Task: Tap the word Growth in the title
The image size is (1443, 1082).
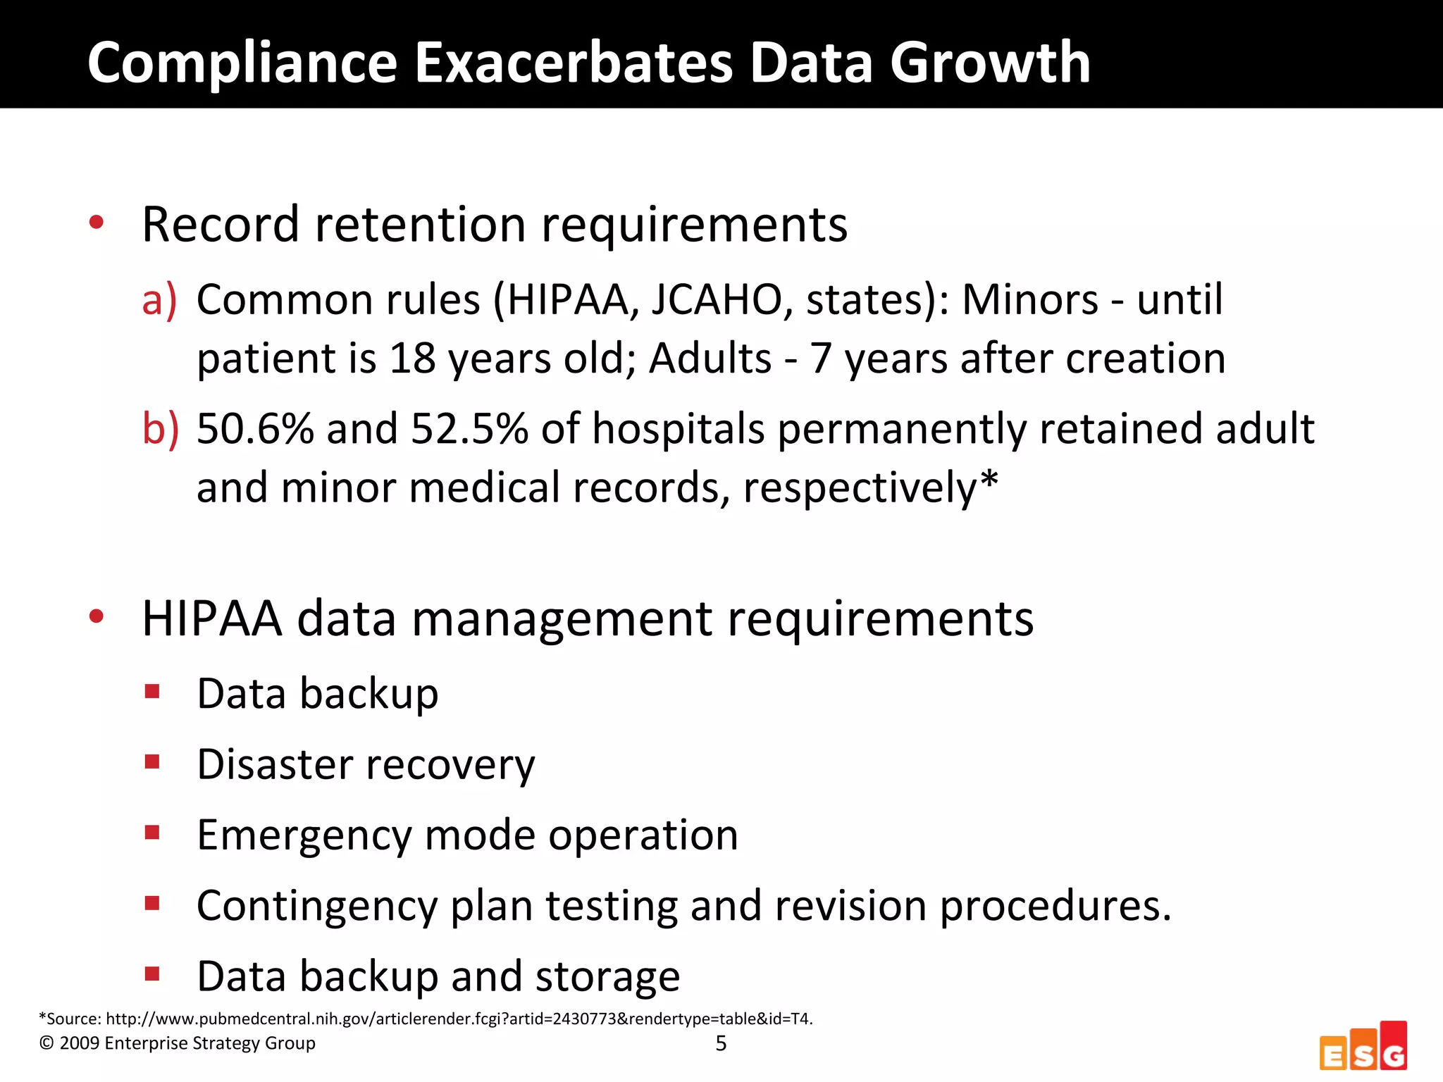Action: click(990, 63)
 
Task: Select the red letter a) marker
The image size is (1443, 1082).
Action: click(159, 300)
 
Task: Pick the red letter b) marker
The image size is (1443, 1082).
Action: click(160, 428)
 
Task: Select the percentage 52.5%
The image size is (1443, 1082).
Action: click(469, 428)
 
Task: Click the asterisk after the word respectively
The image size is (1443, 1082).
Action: click(989, 480)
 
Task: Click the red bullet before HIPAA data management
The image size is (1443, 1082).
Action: click(97, 617)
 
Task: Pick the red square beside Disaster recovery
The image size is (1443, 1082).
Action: click(152, 761)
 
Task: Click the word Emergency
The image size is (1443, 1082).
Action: click(303, 835)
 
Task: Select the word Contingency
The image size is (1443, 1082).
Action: click(317, 906)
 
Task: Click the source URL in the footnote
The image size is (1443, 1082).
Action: click(459, 1019)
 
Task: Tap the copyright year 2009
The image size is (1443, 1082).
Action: click(79, 1043)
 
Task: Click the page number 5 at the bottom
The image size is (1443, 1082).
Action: click(721, 1043)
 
